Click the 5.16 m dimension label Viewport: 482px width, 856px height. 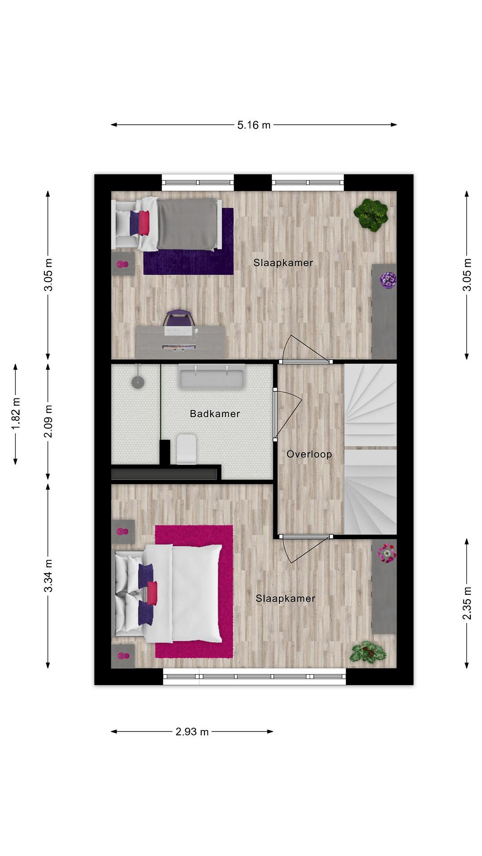click(x=253, y=125)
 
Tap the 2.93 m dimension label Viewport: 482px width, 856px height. click(x=192, y=731)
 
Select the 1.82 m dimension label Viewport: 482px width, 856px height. click(x=16, y=413)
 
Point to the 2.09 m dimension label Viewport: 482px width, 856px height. click(x=48, y=421)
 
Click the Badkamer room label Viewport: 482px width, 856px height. click(x=215, y=414)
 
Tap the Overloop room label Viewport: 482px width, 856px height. click(x=309, y=454)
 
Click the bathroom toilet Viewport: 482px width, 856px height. click(x=186, y=449)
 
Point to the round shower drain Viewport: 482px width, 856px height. click(x=138, y=382)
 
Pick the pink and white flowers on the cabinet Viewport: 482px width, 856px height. click(x=387, y=553)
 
